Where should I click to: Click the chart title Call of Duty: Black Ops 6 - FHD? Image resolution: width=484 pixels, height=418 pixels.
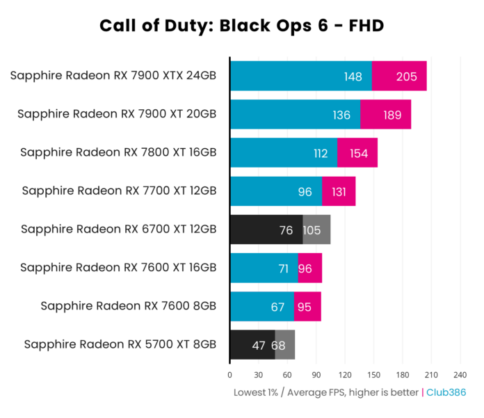[x=241, y=26]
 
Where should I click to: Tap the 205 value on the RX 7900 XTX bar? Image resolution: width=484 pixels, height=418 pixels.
[x=406, y=77]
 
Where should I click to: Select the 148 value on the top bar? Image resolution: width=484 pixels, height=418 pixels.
[x=353, y=77]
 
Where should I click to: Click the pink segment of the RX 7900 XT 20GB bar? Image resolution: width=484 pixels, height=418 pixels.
[x=385, y=115]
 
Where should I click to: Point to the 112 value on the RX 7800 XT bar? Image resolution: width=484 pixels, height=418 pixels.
[x=321, y=153]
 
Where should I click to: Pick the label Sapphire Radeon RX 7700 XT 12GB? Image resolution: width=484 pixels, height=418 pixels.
[x=119, y=191]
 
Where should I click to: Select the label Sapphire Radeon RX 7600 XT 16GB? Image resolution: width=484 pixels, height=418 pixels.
[x=118, y=267]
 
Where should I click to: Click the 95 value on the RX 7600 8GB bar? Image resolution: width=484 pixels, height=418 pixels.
[x=307, y=306]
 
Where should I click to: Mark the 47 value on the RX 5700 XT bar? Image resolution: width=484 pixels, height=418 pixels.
[x=259, y=344]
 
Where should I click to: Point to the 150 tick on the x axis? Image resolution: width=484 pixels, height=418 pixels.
[x=373, y=373]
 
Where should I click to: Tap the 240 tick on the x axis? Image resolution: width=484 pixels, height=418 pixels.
[x=460, y=373]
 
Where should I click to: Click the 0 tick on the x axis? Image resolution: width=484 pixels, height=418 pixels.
[x=230, y=373]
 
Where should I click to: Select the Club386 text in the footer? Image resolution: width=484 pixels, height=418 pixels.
[x=446, y=392]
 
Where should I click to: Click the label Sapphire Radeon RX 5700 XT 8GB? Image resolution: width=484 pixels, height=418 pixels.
[x=120, y=344]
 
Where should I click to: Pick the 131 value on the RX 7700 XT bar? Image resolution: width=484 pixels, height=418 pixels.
[x=339, y=191]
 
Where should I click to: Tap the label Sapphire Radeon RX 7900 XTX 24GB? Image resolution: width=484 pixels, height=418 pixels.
[x=113, y=76]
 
